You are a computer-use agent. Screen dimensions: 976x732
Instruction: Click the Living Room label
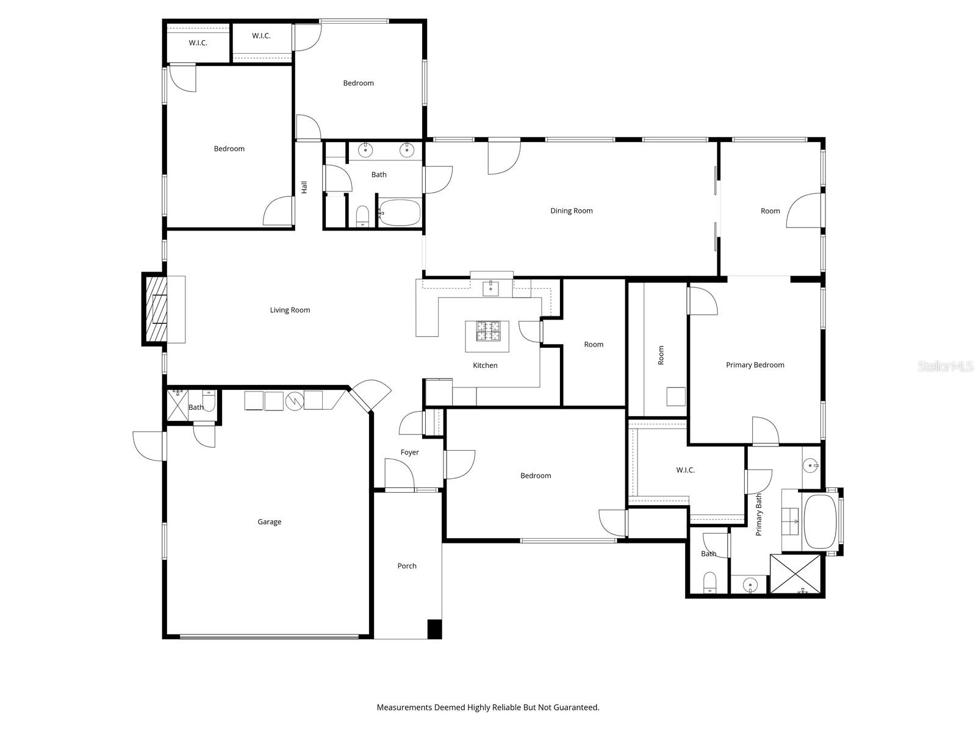click(290, 310)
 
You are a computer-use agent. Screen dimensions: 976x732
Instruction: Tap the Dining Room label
click(572, 210)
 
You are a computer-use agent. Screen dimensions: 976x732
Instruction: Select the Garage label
click(270, 522)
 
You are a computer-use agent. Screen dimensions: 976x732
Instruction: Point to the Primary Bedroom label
click(755, 365)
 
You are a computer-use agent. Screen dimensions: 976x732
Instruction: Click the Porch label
click(407, 566)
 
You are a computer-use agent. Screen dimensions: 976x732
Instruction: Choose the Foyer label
click(409, 453)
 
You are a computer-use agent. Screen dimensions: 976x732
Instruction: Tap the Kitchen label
click(485, 365)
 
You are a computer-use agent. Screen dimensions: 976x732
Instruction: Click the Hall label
click(304, 187)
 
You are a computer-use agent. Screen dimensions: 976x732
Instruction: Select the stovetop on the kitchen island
click(488, 331)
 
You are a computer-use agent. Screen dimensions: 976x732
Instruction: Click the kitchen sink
click(490, 289)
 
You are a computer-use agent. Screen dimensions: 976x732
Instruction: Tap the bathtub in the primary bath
click(820, 522)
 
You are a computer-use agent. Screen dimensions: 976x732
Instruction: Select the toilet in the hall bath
click(363, 216)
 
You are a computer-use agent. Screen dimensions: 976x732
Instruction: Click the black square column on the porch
click(434, 629)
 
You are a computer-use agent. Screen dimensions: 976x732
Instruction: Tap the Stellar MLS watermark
click(945, 366)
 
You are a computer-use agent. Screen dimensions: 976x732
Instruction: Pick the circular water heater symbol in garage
click(295, 401)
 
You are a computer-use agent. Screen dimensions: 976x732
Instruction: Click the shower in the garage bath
click(178, 405)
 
